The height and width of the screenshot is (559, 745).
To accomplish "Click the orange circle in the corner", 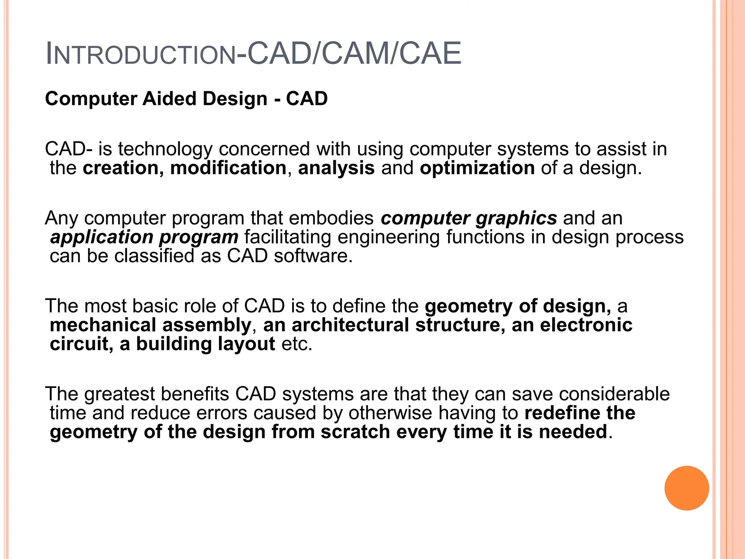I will [686, 488].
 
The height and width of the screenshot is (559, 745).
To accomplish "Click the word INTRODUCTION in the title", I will [141, 54].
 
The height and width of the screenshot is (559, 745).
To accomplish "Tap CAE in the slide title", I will [430, 53].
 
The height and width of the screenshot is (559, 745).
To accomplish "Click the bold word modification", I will [228, 168].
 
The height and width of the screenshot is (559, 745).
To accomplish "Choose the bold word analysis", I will [336, 168].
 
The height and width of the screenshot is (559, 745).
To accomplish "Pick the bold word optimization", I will [477, 168].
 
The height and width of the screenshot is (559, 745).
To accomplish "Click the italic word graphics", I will [516, 218].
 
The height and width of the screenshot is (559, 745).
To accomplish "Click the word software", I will [313, 256].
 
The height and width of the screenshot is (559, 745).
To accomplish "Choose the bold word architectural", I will [350, 325].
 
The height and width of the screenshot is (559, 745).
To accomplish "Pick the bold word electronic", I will [586, 325].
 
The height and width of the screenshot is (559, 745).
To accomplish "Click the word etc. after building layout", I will [297, 344].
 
